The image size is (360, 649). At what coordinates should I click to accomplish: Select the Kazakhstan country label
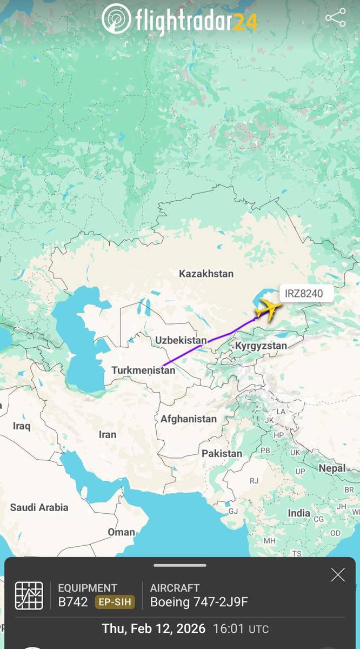[206, 274]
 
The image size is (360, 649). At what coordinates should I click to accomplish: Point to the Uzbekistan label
[181, 340]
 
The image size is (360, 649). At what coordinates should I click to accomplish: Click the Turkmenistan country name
[143, 370]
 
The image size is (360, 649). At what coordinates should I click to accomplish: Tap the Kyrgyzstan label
[261, 345]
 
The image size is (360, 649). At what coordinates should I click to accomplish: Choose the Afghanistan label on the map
[189, 419]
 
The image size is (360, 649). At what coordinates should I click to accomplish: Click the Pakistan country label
[222, 453]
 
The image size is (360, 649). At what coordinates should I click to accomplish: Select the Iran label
[108, 434]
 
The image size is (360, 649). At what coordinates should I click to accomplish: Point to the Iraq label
[22, 426]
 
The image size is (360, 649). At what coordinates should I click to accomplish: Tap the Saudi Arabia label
[39, 507]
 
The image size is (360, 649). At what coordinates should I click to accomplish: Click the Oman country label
[121, 532]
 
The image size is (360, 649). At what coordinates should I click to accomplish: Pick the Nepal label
[332, 468]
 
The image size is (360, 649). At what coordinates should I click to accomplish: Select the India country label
[299, 513]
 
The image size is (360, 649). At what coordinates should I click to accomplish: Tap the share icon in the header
[336, 18]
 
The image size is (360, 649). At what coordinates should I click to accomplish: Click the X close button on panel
[338, 575]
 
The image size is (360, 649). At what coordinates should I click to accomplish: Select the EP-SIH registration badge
[115, 602]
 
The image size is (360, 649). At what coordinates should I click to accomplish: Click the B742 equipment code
[73, 602]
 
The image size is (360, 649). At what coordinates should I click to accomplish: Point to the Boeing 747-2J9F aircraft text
[199, 602]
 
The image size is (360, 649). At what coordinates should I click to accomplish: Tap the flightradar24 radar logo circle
[116, 18]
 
